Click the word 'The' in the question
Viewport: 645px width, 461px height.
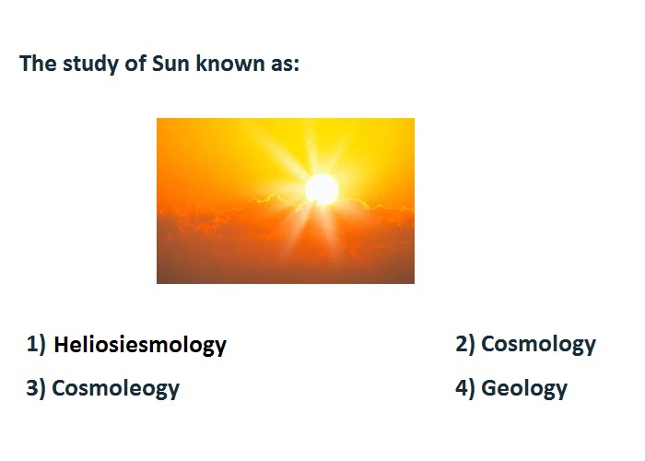(38, 64)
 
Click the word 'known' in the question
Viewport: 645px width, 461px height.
(230, 64)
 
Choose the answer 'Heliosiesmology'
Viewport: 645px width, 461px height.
(140, 346)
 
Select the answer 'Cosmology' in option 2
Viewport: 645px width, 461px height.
(538, 345)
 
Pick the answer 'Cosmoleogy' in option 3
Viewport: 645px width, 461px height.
(115, 389)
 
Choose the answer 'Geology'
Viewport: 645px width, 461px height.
(524, 389)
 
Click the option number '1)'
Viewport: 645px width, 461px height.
(36, 344)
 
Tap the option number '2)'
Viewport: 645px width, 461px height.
(465, 344)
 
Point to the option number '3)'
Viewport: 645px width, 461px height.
(36, 388)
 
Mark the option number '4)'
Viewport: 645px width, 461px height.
(465, 388)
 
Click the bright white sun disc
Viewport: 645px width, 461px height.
(322, 190)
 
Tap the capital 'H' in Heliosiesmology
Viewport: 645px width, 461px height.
(62, 345)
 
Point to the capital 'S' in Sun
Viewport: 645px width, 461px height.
(158, 64)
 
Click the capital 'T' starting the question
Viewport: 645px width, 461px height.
(26, 64)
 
